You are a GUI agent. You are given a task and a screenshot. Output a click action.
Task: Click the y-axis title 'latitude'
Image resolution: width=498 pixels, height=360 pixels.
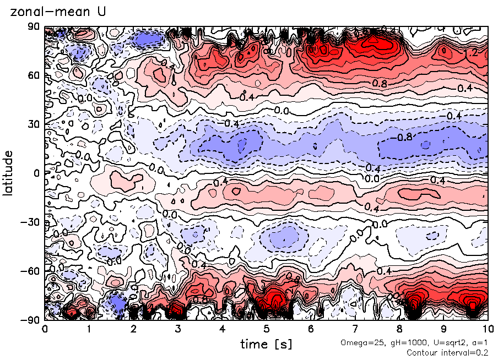pos(8,173)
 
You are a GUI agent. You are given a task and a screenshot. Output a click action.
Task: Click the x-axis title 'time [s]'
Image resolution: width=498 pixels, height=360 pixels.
pos(266,344)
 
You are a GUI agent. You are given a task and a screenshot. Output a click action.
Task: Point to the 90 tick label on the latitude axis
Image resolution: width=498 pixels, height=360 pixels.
pos(34,27)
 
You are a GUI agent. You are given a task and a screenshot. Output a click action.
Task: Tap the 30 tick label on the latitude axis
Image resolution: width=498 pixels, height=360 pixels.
pos(34,124)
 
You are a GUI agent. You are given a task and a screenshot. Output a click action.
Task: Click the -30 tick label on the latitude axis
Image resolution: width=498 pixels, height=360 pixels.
pos(31,222)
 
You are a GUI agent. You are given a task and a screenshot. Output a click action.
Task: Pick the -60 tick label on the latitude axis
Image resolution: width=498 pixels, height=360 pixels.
pos(31,270)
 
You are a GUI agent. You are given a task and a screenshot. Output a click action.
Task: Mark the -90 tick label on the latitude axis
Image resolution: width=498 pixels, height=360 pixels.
pos(31,319)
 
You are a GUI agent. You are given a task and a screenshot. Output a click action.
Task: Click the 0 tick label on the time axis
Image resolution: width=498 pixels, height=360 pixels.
pos(45,329)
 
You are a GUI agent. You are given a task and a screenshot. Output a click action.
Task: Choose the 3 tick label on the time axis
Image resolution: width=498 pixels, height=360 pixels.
pos(177,329)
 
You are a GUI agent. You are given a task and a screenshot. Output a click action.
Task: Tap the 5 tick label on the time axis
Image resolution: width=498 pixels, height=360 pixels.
pos(266,329)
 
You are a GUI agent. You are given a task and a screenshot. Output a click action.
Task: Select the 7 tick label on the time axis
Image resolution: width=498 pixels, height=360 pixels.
pos(355,329)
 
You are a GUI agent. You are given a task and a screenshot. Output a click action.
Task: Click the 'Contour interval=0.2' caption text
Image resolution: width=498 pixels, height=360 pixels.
pos(447,352)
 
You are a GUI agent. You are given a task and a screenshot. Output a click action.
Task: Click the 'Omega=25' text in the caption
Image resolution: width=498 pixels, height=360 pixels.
pos(357,343)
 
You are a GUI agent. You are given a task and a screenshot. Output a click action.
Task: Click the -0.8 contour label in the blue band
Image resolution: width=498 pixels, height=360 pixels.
pos(405,137)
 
